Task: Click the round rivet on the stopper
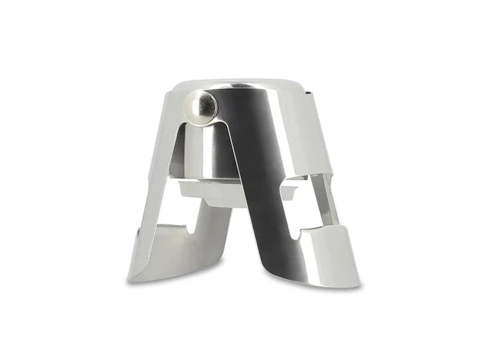[x=201, y=104]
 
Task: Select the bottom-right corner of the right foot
[x=359, y=284]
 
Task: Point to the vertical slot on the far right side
[x=323, y=199]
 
